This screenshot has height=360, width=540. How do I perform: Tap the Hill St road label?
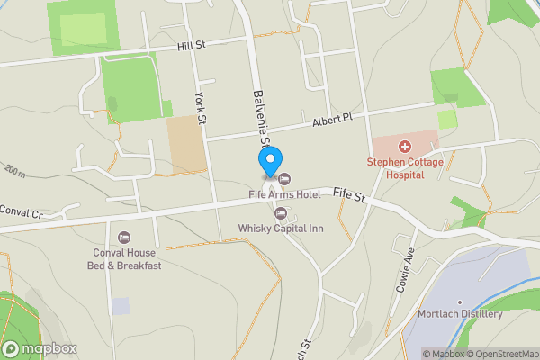tap(192, 46)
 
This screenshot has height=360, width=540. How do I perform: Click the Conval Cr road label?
tap(22, 213)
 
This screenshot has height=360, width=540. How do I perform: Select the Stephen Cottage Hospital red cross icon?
tap(404, 146)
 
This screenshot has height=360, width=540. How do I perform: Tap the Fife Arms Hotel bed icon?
tap(286, 178)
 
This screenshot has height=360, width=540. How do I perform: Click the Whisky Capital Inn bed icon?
tap(281, 213)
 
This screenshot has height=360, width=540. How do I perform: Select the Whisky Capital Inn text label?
tap(281, 229)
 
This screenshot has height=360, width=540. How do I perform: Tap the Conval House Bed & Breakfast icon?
tap(124, 238)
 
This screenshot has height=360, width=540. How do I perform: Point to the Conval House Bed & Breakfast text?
tap(124, 259)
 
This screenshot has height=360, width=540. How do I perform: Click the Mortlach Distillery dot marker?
tap(459, 302)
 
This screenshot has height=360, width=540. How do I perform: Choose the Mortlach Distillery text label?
tap(460, 314)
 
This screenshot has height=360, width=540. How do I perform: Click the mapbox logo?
tap(39, 348)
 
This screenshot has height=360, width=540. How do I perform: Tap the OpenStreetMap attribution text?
tap(499, 353)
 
